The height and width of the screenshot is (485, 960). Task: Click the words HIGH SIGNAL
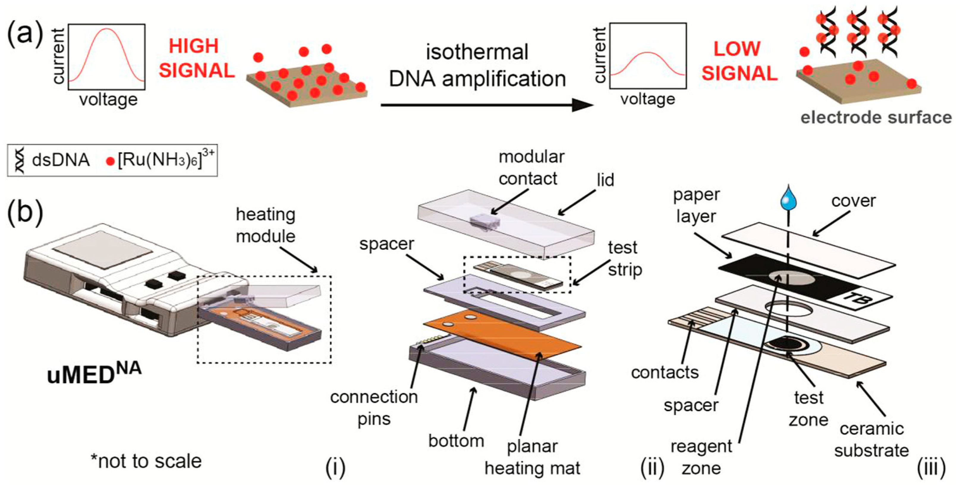pyautogui.click(x=196, y=59)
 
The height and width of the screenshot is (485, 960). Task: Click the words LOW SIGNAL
pyautogui.click(x=739, y=61)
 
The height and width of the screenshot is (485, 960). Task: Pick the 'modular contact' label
pyautogui.click(x=531, y=168)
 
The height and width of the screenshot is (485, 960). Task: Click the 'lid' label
pyautogui.click(x=605, y=180)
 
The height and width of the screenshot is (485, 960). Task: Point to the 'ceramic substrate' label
pyautogui.click(x=871, y=440)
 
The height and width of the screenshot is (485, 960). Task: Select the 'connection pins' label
pyautogui.click(x=374, y=407)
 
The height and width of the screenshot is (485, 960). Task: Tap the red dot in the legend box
pyautogui.click(x=110, y=161)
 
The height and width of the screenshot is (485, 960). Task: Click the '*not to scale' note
pyautogui.click(x=146, y=461)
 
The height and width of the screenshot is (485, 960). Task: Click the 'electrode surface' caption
pyautogui.click(x=876, y=117)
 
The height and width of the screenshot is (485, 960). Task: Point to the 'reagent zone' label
pyautogui.click(x=701, y=457)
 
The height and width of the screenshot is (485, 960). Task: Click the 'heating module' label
pyautogui.click(x=266, y=225)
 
